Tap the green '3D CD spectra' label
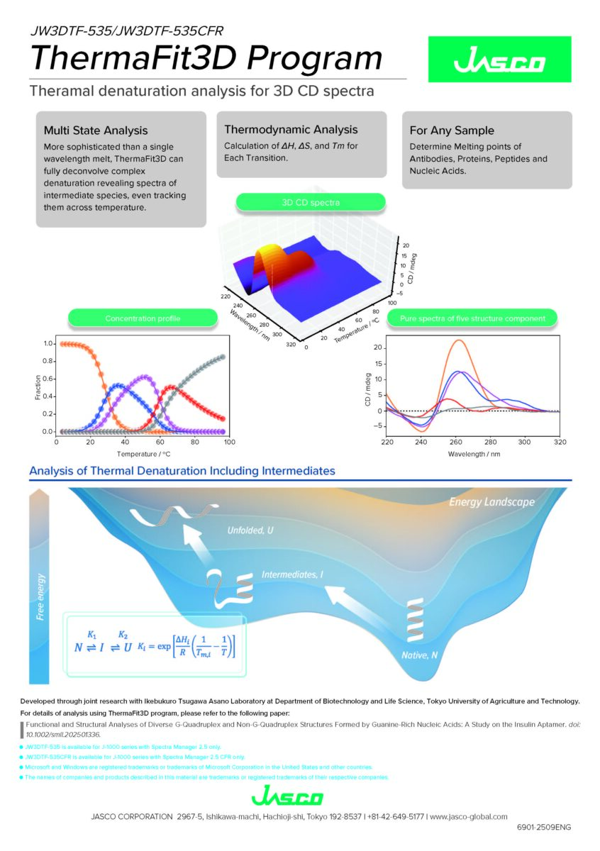point(311,203)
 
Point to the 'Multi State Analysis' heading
point(96,130)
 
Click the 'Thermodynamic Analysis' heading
point(291,130)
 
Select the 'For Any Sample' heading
point(452,130)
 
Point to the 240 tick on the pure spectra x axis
point(421,441)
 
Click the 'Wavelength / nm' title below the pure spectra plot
point(473,454)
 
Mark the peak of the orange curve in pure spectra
point(459,340)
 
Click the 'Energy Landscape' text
point(491,502)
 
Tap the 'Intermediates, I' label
point(292,574)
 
